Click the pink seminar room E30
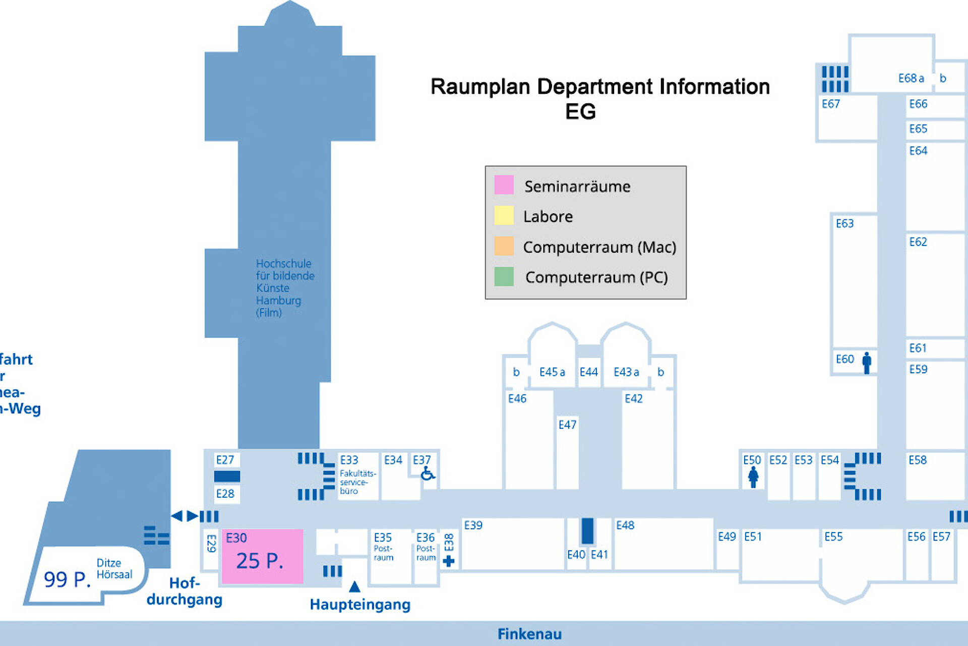click(262, 556)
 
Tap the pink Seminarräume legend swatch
click(504, 185)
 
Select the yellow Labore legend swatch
click(504, 216)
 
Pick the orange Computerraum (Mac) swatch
click(504, 246)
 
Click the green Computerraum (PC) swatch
click(504, 276)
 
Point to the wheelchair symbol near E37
click(428, 474)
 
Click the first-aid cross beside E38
click(448, 561)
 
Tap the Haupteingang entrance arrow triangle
click(354, 586)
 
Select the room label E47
click(567, 425)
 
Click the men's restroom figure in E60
click(867, 363)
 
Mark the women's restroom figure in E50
click(753, 477)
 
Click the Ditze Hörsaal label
click(114, 568)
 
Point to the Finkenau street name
click(529, 634)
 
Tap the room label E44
click(588, 372)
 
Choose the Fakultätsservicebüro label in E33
click(357, 482)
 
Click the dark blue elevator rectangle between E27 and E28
click(227, 476)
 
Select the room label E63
click(844, 223)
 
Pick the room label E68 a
click(911, 78)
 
